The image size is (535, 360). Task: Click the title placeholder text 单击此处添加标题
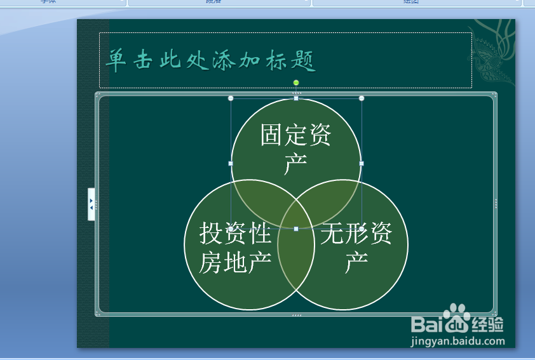click(210, 61)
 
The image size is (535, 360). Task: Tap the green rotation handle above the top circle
click(296, 83)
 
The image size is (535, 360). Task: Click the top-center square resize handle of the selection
click(296, 98)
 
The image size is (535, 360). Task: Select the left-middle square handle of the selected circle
click(231, 163)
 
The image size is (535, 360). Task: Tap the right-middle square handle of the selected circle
click(362, 163)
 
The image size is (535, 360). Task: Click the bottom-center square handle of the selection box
click(296, 229)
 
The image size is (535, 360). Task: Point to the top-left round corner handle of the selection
click(231, 98)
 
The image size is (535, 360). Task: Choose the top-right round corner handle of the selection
click(362, 98)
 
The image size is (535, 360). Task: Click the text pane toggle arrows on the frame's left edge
click(91, 204)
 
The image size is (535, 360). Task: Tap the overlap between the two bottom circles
click(296, 260)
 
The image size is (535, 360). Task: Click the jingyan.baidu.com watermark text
click(457, 341)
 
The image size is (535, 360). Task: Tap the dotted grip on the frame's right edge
click(496, 203)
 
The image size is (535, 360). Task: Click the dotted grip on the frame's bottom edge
click(296, 315)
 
